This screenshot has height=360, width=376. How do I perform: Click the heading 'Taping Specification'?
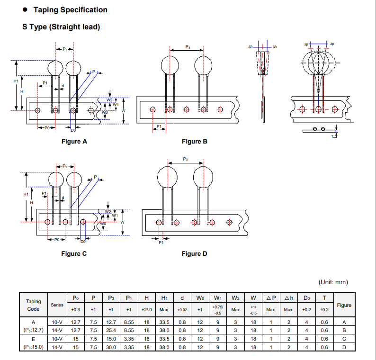pos(70,10)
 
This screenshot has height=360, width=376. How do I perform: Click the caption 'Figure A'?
pos(74,141)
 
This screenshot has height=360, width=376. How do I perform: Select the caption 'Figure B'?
pos(195,141)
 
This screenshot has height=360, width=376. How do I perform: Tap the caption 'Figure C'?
pos(74,253)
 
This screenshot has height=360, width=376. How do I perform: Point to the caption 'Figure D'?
pos(194,253)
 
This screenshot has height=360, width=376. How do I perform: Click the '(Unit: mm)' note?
pos(333,282)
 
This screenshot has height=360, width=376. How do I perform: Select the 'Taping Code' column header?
pos(33,305)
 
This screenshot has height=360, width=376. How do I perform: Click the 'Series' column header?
pos(57,305)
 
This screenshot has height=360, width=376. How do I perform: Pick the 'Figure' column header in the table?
pos(344,305)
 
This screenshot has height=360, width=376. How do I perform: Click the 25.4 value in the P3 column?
pos(111,330)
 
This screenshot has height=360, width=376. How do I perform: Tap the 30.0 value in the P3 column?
pos(111,347)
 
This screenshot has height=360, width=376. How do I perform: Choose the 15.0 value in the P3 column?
pos(111,339)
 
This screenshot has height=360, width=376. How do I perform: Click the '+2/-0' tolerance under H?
pos(147,310)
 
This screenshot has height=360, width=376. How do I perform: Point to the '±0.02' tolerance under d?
pos(182,310)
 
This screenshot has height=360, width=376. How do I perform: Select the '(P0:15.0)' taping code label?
pos(33,347)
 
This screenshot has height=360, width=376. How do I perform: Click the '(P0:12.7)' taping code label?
pos(33,330)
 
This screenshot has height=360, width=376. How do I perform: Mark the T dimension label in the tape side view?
pos(332,136)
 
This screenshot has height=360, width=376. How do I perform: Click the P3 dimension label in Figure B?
pos(188,47)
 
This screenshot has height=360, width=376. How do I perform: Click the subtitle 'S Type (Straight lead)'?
pos(62,27)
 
